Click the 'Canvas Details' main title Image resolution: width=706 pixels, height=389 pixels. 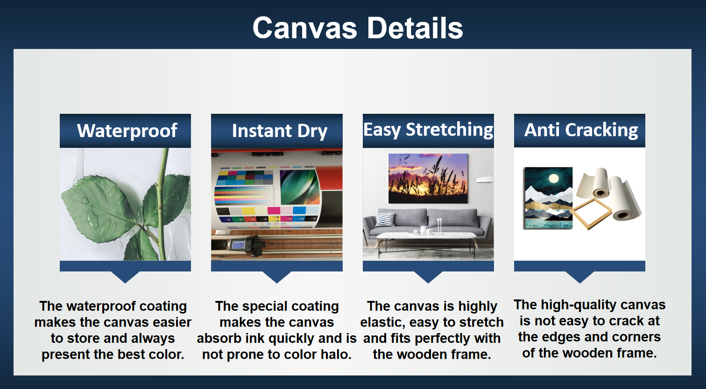click(x=358, y=28)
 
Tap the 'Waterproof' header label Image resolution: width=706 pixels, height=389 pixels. click(x=127, y=131)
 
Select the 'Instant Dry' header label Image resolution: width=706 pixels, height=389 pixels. click(x=279, y=131)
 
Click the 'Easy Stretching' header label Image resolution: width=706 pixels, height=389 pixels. click(x=428, y=130)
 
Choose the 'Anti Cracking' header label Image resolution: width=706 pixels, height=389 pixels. click(x=581, y=130)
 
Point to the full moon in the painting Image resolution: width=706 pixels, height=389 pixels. click(x=554, y=178)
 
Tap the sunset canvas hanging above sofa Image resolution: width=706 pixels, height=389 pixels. click(x=428, y=178)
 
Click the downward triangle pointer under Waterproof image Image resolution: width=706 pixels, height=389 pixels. click(x=125, y=277)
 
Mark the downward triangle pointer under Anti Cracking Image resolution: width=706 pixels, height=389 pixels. click(x=579, y=277)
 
